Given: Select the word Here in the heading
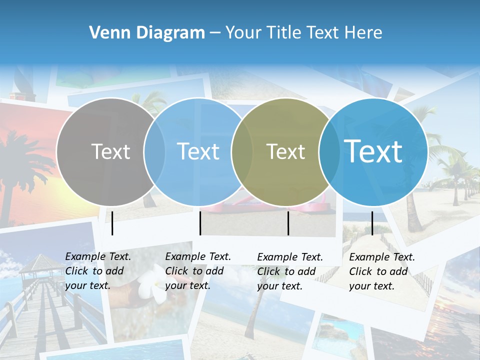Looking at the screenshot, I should (x=364, y=33).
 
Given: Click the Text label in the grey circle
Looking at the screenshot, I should (x=110, y=151).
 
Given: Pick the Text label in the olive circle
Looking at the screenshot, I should (x=285, y=151).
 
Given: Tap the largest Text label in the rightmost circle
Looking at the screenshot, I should (x=373, y=151).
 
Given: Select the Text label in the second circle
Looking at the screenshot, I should (x=198, y=151).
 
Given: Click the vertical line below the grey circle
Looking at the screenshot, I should (x=112, y=223).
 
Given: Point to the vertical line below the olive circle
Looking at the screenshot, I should (x=288, y=223).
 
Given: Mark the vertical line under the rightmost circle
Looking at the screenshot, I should (x=372, y=223).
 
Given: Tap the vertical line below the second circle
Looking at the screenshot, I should (x=200, y=223).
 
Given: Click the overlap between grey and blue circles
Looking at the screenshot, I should (x=154, y=151).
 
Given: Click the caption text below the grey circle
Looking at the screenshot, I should (x=98, y=271).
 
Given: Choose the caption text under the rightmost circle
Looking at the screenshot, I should (x=382, y=271).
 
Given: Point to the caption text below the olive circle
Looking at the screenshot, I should (x=290, y=271).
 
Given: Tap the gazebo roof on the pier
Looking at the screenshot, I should (x=35, y=262).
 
